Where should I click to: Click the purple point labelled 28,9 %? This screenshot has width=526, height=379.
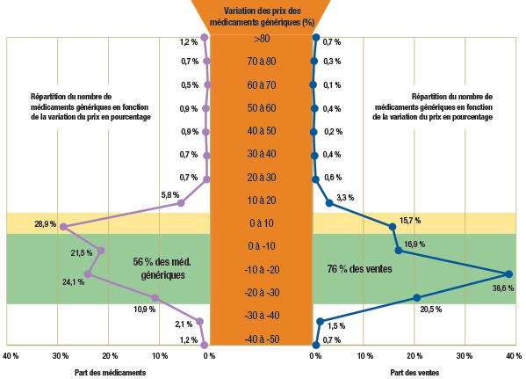click(63, 227)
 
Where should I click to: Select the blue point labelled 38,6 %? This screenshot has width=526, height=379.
click(508, 273)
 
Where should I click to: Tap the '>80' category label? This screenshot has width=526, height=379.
click(263, 40)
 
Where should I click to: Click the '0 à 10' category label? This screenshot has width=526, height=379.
click(263, 222)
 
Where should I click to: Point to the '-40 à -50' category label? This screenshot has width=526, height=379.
click(263, 339)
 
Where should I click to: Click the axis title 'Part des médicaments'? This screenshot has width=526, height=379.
click(110, 373)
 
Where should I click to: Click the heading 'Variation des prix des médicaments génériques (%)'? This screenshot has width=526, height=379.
click(263, 16)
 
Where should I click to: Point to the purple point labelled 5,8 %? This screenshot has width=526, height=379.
click(181, 203)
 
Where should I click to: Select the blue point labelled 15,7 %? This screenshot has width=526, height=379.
click(393, 227)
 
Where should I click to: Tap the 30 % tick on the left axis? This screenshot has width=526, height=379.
click(60, 356)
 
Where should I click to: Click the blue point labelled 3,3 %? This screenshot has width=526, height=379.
click(329, 203)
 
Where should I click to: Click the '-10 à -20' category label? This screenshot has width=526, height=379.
click(263, 269)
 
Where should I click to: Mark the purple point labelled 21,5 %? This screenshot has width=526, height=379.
click(101, 251)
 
